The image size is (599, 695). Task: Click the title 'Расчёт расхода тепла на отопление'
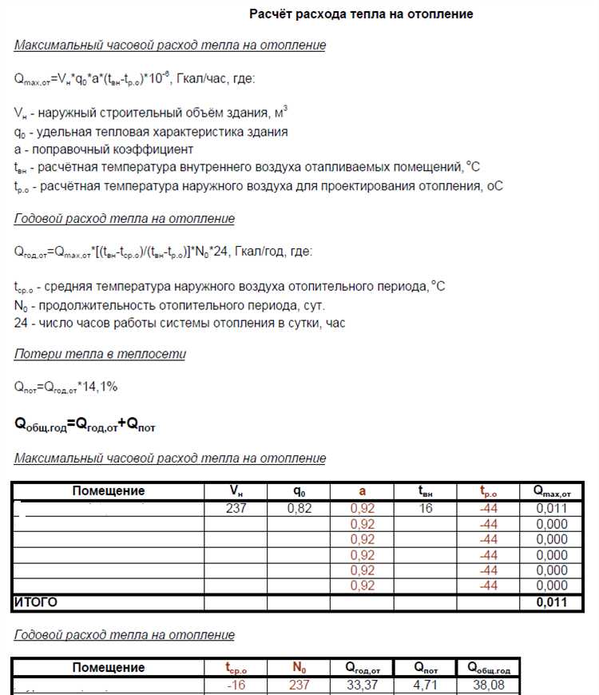[x=361, y=14]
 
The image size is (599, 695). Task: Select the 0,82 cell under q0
[x=299, y=509]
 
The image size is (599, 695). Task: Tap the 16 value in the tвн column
[x=425, y=509]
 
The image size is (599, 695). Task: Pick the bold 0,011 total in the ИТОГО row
[x=551, y=602]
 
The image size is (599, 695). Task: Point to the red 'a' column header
[x=362, y=491]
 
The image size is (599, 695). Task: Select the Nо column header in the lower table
[x=299, y=668]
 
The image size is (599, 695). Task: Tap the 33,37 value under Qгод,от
[x=362, y=685]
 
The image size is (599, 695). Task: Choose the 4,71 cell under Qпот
[x=425, y=685]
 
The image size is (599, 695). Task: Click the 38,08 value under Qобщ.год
[x=488, y=685]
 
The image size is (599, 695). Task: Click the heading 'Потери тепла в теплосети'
[x=99, y=354]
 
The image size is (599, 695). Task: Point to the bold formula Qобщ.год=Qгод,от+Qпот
[x=85, y=426]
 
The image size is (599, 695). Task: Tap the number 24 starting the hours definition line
[x=21, y=323]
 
